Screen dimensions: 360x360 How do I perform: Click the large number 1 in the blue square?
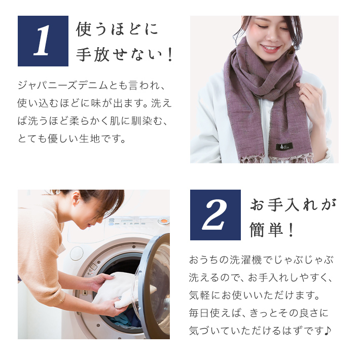pos(42,41)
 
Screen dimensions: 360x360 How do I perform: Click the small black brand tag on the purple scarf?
pos(284,146)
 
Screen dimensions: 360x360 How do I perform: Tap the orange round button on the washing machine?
pos(164,221)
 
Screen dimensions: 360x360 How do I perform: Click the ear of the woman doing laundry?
pos(76,199)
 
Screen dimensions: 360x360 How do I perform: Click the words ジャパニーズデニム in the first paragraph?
pos(63,85)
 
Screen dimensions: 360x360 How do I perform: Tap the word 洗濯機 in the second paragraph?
pos(246,260)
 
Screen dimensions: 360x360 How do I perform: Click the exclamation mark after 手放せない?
pos(170,55)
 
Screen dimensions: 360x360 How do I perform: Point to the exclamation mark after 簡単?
pos(291,230)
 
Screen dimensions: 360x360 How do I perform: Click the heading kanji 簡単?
pos(266,230)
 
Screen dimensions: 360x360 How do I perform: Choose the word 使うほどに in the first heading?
pos(117,29)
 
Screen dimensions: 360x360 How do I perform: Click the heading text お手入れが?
pos(293,205)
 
